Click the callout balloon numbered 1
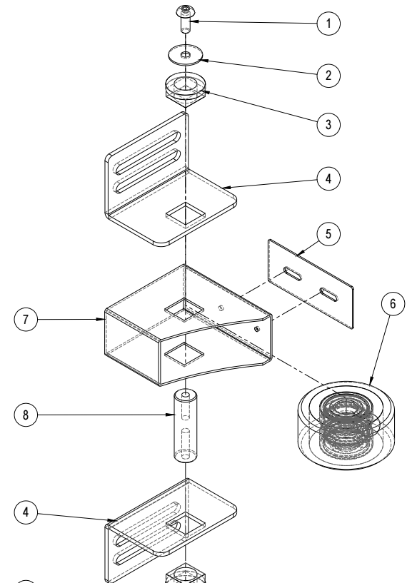coord(328,24)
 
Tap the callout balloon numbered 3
coord(328,124)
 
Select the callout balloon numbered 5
coord(328,234)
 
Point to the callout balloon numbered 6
coord(393,304)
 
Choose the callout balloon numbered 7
coord(26,320)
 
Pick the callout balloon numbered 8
coord(26,415)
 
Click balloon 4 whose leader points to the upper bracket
coord(328,179)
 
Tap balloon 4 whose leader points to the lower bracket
coord(26,512)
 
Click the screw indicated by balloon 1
coord(185,19)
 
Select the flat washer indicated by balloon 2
coord(185,55)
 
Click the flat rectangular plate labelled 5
coord(311,284)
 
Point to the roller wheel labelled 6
coord(346,425)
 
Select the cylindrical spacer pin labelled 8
coord(185,426)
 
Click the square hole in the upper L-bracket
coord(185,215)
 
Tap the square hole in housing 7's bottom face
coord(185,354)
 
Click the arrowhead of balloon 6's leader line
coord(371,382)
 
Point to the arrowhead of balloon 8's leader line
coord(171,415)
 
